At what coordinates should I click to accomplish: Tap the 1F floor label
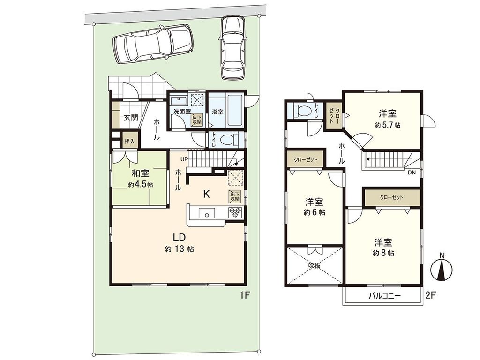point(246,295)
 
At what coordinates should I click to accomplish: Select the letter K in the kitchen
point(206,193)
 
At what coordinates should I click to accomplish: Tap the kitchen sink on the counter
point(206,214)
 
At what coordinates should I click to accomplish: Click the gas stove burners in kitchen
point(235,213)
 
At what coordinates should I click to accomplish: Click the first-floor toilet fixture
point(229,140)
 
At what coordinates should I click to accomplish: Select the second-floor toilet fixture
point(300,111)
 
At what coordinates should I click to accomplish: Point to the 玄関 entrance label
point(131,118)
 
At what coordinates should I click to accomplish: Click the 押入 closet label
point(129,141)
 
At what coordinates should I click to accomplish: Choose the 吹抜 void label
point(314,266)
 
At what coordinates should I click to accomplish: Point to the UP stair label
point(184,159)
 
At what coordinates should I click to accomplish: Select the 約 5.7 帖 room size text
point(388,125)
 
